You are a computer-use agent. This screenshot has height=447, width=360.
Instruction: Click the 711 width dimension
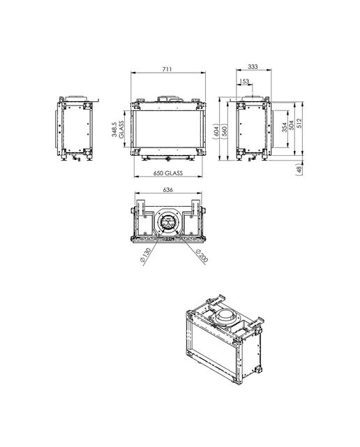point(167,69)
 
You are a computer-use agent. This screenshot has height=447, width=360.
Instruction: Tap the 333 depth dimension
point(253,67)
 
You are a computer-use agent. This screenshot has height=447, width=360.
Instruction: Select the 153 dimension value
point(244,82)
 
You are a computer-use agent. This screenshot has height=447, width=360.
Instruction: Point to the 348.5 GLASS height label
point(118,130)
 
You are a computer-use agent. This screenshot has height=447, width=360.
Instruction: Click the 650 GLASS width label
point(168,173)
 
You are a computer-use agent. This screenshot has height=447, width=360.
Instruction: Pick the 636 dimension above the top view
point(167,190)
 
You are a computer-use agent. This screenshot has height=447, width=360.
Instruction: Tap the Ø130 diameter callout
point(146,256)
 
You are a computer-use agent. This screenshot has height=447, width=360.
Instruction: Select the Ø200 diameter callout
point(202,255)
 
